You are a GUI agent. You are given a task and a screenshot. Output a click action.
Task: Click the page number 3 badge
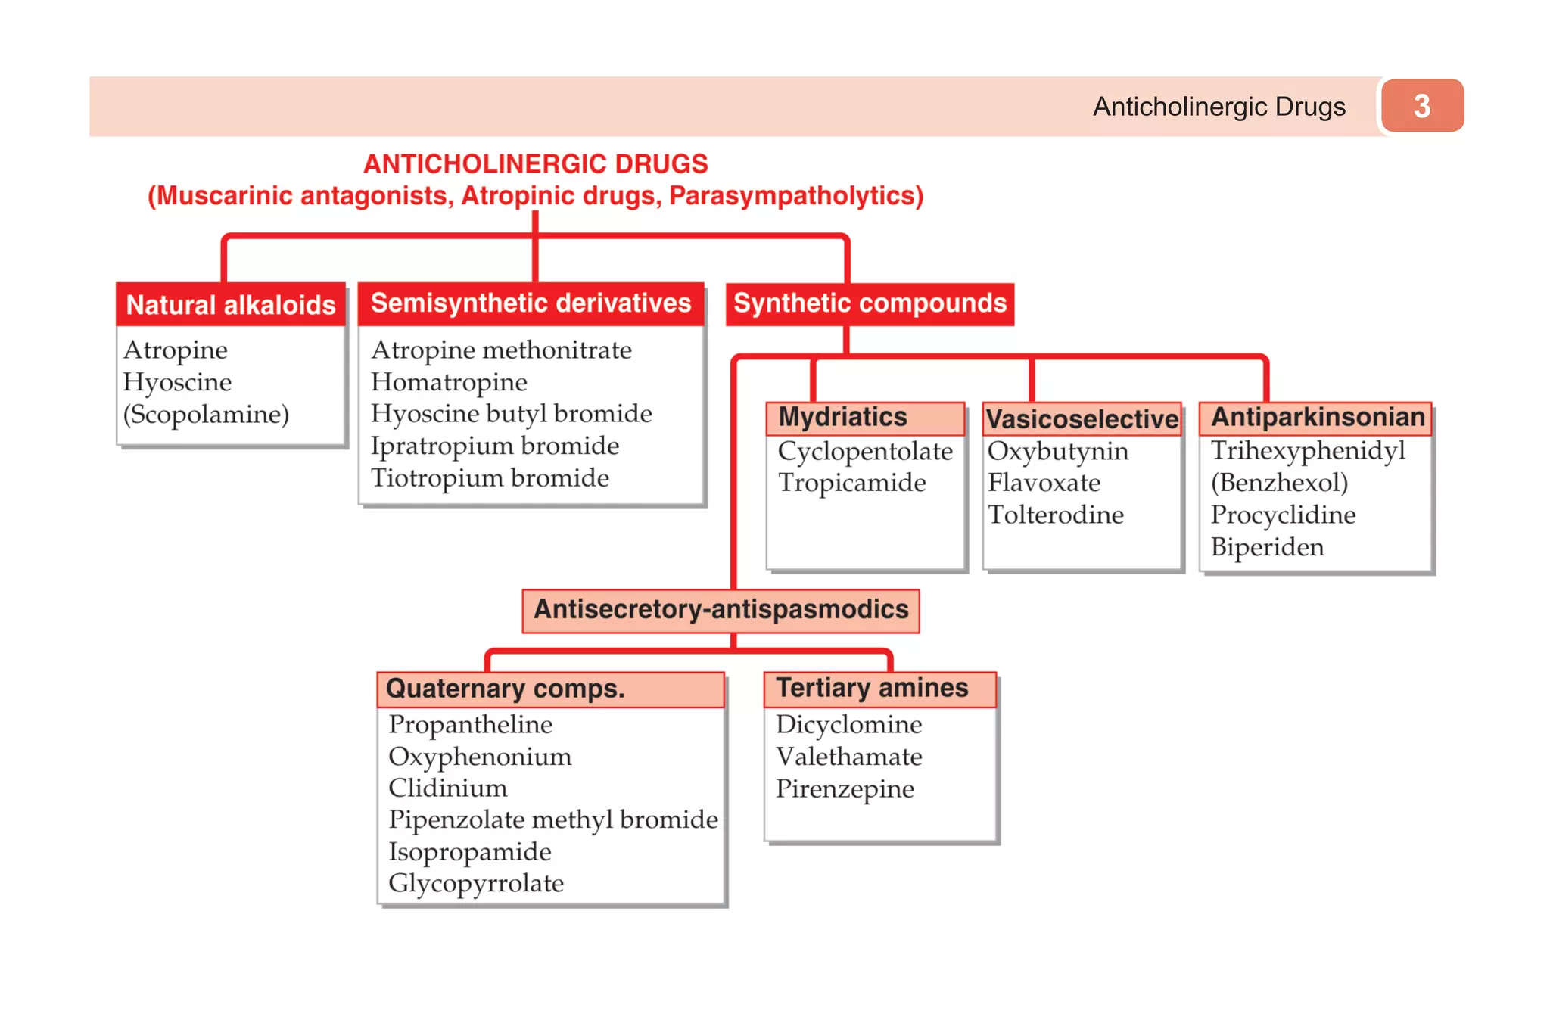(x=1421, y=106)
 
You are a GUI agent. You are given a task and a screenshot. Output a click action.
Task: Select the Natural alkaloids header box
(x=231, y=304)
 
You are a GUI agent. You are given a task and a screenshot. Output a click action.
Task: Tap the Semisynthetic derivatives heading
(x=531, y=303)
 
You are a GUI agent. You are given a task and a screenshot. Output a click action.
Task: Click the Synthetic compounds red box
(x=870, y=303)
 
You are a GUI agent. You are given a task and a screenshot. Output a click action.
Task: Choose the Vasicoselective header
(x=1082, y=418)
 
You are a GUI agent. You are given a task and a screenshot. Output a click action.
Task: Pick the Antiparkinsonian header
(x=1317, y=418)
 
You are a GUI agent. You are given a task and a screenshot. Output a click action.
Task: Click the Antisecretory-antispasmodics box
(x=721, y=610)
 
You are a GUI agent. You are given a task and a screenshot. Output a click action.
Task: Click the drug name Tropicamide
(x=851, y=483)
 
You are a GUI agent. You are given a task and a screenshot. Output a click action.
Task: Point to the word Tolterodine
(x=1056, y=515)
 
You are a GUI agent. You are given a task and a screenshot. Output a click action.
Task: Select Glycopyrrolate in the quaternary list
(x=476, y=883)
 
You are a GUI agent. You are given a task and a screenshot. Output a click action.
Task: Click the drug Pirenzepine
(x=845, y=789)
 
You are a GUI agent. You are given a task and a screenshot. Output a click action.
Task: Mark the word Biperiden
(x=1268, y=547)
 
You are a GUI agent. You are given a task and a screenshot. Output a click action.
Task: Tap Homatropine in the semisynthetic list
(x=449, y=382)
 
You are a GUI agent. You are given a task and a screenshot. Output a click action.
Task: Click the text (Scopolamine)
(x=206, y=415)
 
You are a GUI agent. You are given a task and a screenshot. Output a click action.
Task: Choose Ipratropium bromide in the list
(x=495, y=446)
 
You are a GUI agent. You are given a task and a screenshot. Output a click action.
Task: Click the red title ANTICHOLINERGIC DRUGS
(x=535, y=164)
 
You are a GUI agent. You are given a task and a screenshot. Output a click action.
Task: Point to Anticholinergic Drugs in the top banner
(x=1219, y=107)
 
